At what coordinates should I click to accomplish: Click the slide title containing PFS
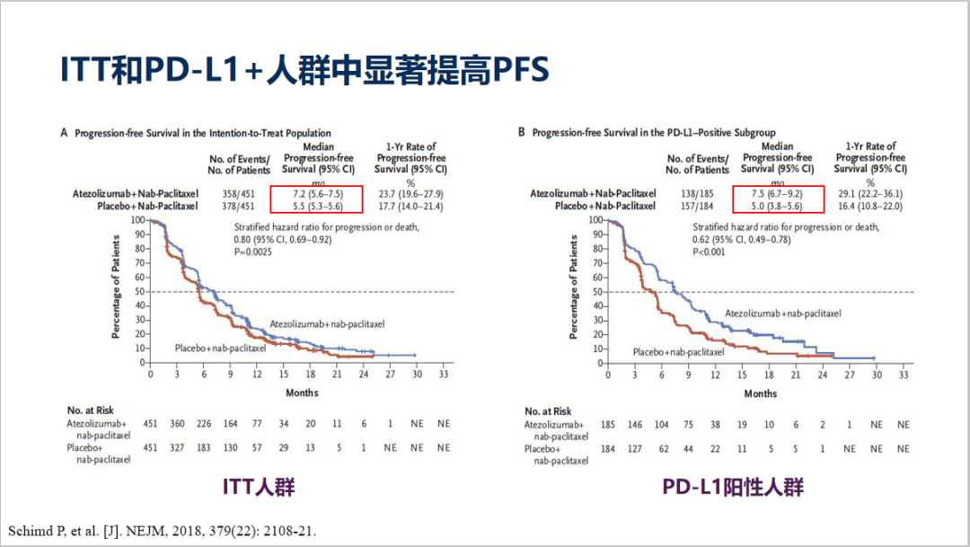click(304, 71)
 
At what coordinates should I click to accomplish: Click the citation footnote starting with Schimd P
click(162, 531)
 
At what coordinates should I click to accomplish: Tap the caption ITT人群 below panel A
click(259, 487)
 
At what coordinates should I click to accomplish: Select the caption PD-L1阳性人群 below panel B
click(733, 487)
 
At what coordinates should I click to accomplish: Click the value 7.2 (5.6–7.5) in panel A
click(311, 193)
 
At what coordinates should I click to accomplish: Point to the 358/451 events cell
click(239, 193)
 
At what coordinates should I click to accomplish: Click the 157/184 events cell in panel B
click(697, 206)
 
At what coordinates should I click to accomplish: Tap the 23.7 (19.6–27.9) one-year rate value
click(410, 193)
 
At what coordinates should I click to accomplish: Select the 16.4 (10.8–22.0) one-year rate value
click(869, 206)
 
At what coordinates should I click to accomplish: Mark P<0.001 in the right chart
click(710, 252)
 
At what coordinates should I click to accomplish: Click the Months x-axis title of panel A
click(302, 393)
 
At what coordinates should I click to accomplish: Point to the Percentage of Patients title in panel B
click(574, 287)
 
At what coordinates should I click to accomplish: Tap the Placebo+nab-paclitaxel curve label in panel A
click(220, 347)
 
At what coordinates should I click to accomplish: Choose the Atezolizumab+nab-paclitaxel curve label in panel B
click(782, 313)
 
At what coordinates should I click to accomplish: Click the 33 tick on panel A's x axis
click(444, 374)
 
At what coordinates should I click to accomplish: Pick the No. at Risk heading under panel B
click(548, 410)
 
